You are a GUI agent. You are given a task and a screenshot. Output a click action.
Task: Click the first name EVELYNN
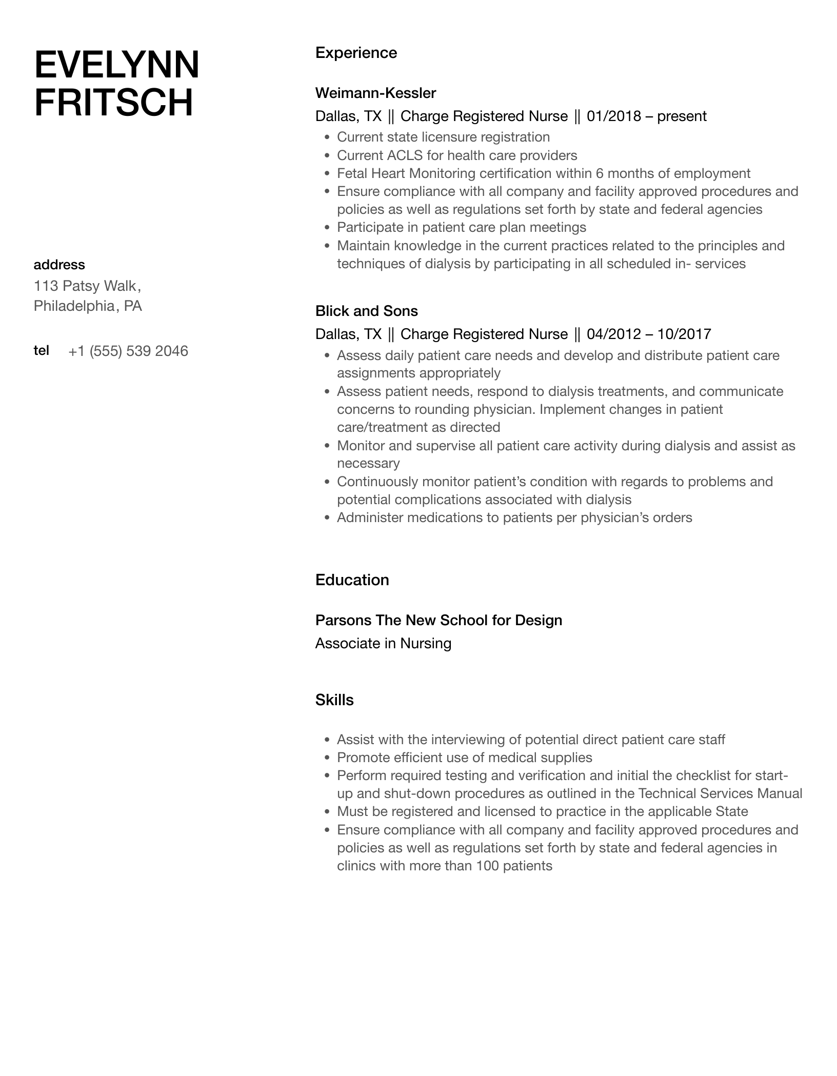pyautogui.click(x=116, y=65)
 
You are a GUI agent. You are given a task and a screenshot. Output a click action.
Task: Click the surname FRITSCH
pyautogui.click(x=113, y=103)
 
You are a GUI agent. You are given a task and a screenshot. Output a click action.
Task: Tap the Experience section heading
pyautogui.click(x=356, y=53)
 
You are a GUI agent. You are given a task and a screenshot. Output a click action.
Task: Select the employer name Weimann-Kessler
pyautogui.click(x=375, y=93)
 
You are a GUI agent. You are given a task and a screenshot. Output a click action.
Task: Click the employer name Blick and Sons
pyautogui.click(x=366, y=311)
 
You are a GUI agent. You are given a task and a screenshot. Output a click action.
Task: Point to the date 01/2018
pyautogui.click(x=613, y=116)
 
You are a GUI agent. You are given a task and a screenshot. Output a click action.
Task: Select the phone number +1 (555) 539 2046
pyautogui.click(x=128, y=351)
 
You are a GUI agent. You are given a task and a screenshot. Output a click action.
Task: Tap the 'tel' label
pyautogui.click(x=42, y=350)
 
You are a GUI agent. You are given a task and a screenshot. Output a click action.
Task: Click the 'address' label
pyautogui.click(x=59, y=265)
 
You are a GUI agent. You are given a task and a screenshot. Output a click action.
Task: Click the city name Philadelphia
pyautogui.click(x=74, y=306)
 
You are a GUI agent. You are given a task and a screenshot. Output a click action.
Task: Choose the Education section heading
pyautogui.click(x=352, y=580)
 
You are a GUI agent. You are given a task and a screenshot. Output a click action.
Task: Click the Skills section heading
pyautogui.click(x=334, y=700)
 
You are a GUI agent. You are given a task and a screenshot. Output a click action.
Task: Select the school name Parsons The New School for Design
pyautogui.click(x=439, y=621)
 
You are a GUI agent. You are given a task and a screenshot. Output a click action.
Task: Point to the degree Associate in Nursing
pyautogui.click(x=383, y=644)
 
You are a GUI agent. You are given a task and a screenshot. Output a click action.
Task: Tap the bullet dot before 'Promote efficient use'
pyautogui.click(x=327, y=758)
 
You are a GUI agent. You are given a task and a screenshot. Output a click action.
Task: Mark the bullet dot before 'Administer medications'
pyautogui.click(x=327, y=518)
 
